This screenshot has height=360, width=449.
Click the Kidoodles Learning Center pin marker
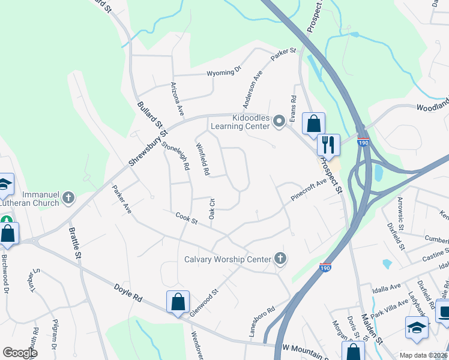tap(279, 122)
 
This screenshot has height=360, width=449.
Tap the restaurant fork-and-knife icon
tap(328, 144)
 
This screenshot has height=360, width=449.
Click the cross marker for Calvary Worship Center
tap(280, 259)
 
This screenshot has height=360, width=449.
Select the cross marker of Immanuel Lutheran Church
tap(69, 198)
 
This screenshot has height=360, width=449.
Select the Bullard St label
tap(151, 116)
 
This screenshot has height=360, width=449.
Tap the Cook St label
tap(187, 219)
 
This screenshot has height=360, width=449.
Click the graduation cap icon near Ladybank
tap(417, 327)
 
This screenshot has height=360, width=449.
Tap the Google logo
tap(20, 353)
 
